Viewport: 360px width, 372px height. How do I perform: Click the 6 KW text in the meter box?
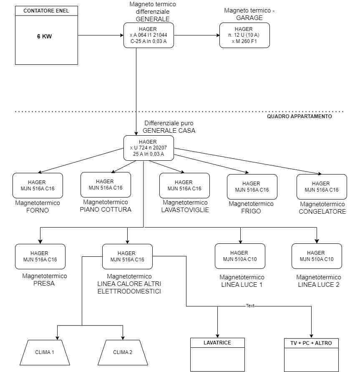[44, 36]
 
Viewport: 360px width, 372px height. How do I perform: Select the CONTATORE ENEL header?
[46, 11]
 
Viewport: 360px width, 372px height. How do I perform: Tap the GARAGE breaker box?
[244, 35]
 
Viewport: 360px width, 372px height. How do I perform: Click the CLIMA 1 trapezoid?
[45, 352]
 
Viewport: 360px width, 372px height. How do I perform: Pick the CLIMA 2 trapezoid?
[123, 352]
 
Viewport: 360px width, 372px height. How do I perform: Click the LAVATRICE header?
[217, 343]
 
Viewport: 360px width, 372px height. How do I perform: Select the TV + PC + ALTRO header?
[311, 343]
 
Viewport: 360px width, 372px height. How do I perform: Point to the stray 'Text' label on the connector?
[250, 306]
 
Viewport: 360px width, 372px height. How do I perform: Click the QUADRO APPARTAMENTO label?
[300, 116]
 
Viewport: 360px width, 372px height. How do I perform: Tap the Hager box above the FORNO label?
[38, 185]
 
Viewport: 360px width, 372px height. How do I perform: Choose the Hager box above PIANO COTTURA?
[106, 185]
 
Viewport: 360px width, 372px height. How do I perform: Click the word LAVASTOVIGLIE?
[185, 210]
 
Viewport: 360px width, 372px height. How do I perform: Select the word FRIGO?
[251, 211]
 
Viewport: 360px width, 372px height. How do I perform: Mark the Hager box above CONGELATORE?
[322, 187]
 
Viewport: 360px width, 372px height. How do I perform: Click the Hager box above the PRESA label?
[40, 256]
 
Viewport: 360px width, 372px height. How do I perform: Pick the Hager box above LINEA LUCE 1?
[240, 256]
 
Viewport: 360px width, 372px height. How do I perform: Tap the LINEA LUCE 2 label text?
[319, 285]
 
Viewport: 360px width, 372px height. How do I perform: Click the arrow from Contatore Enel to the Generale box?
[101, 35]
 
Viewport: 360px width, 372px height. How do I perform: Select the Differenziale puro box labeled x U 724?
[149, 148]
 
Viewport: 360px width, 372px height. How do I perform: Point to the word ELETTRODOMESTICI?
[129, 291]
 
